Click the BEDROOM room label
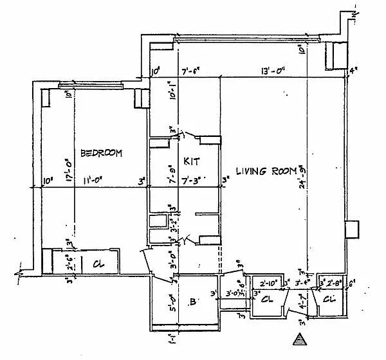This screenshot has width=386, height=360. pos(102,153)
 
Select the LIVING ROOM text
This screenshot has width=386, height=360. pos(265,171)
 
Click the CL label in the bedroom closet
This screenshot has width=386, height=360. pos(99,264)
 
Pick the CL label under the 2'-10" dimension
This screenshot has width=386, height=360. pos(267,300)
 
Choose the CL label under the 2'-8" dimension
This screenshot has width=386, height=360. pos(329,300)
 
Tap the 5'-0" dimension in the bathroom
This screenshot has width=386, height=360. pos(171,301)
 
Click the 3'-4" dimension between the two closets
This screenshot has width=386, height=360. pos(302,281)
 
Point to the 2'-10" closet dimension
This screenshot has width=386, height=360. pos(268,282)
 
